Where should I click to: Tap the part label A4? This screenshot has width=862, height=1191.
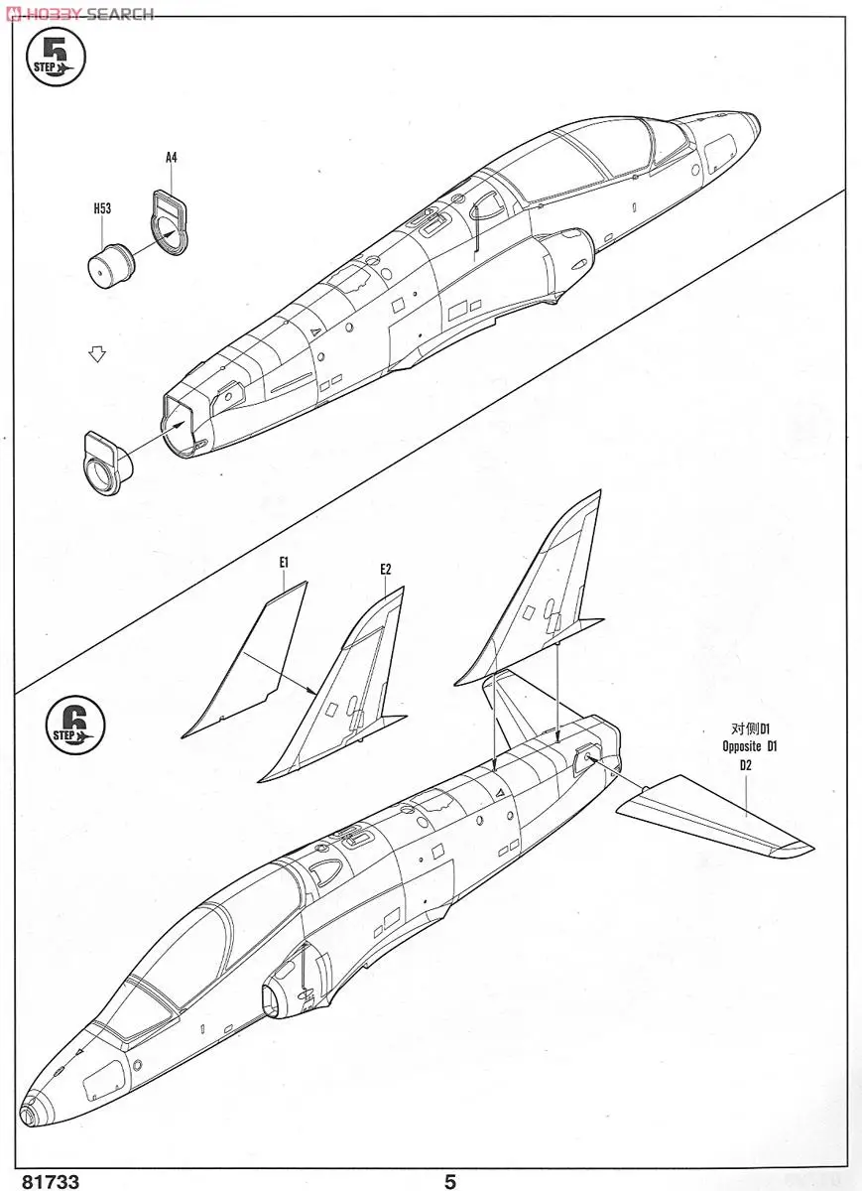pyautogui.click(x=171, y=157)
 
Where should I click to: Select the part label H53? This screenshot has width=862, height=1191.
pyautogui.click(x=101, y=208)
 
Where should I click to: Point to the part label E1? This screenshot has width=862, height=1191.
pyautogui.click(x=284, y=562)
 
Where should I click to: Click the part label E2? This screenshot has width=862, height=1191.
pyautogui.click(x=386, y=569)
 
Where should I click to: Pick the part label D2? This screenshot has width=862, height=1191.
pyautogui.click(x=746, y=765)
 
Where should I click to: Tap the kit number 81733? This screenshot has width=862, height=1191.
pyautogui.click(x=41, y=1181)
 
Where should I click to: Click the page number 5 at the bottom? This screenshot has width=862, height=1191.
pyautogui.click(x=450, y=1181)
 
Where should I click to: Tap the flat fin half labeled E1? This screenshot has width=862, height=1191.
pyautogui.click(x=248, y=665)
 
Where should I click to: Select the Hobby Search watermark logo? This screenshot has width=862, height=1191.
pyautogui.click(x=79, y=13)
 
